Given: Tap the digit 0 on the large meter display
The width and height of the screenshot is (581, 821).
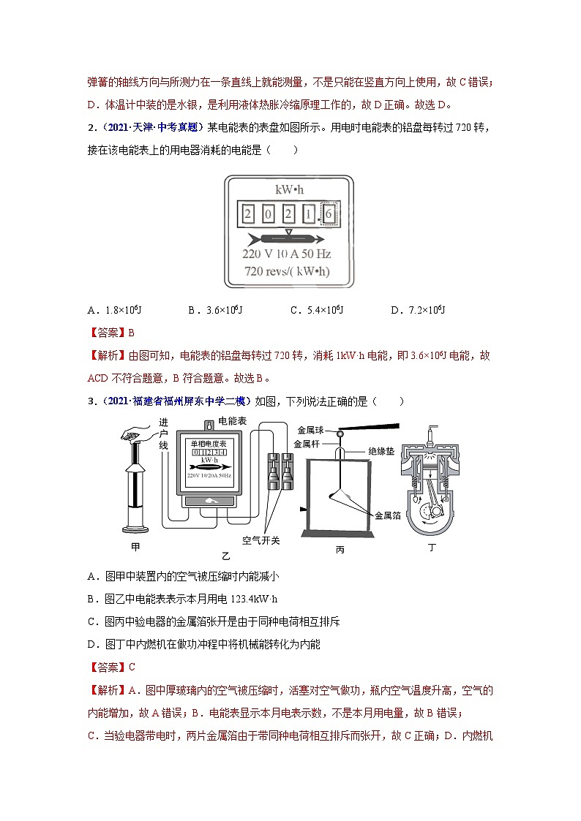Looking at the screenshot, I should [269, 214].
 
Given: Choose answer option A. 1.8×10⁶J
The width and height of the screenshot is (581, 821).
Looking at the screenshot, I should [110, 311].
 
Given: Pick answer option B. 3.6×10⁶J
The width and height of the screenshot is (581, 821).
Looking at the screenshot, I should [214, 311].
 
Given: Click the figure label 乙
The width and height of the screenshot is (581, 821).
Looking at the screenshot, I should [214, 555].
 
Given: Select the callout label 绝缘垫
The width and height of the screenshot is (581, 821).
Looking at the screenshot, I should [381, 452].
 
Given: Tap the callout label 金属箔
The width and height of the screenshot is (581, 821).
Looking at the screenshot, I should [387, 515].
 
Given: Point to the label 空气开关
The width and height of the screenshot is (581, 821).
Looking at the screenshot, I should [260, 540].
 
